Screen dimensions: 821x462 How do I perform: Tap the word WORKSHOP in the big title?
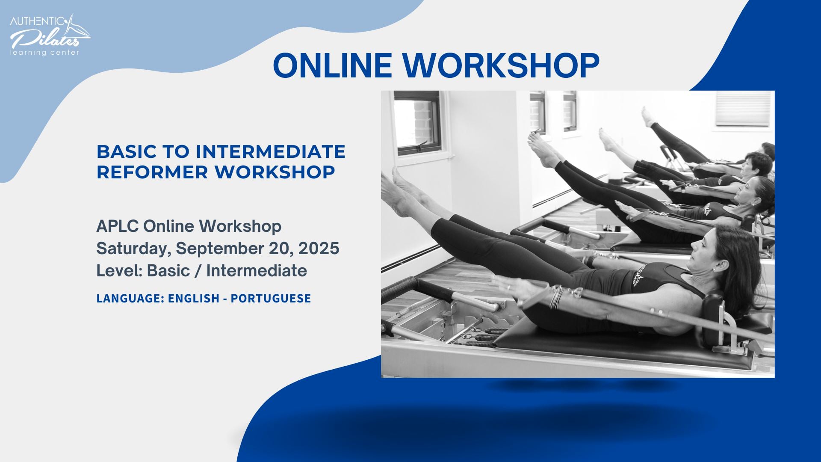(501, 65)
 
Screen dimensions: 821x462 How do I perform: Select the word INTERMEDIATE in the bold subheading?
(270, 151)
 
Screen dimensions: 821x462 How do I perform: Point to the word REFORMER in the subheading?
(152, 172)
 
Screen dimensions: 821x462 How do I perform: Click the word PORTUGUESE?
(271, 298)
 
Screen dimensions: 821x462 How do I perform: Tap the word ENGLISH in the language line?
(194, 298)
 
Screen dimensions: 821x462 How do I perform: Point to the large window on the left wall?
(418, 123)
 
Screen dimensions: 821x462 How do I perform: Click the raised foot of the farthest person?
(647, 117)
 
